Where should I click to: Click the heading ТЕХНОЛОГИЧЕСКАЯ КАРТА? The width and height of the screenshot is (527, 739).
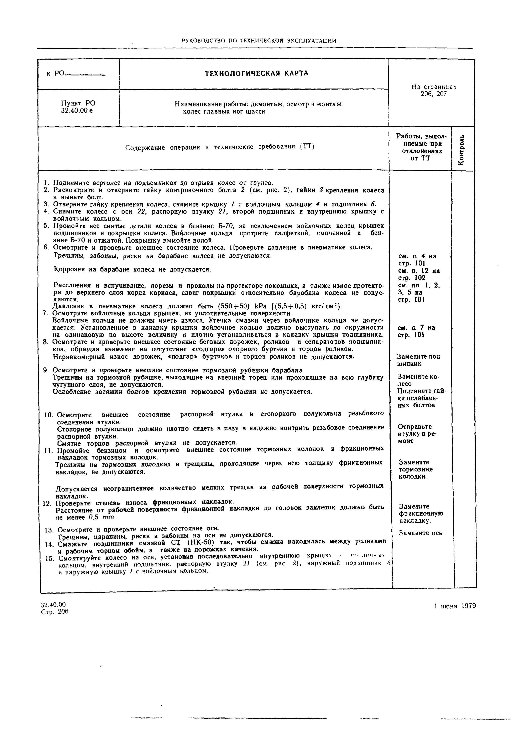coord(256,74)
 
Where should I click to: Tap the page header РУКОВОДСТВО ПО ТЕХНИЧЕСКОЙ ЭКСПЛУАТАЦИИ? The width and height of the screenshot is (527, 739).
coord(259,41)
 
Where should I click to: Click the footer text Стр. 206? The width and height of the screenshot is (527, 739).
coord(55,612)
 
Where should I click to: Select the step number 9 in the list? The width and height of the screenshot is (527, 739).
coord(46,370)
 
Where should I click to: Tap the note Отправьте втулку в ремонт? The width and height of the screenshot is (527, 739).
coord(417,434)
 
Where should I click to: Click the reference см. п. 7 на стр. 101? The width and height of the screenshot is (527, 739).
coord(416,331)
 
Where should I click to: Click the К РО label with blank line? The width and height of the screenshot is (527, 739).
coord(76,74)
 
